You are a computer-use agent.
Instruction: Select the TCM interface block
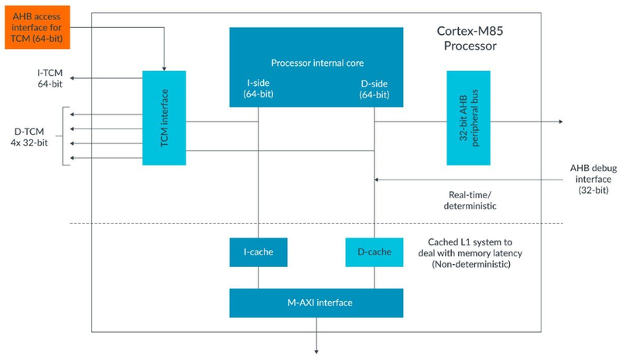164,118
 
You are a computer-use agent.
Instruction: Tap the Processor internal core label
317,63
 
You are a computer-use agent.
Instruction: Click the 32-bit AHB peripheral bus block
468,118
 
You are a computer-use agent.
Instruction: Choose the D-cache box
374,252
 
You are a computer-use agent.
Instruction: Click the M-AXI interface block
316,302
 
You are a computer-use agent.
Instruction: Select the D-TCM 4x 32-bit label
28,135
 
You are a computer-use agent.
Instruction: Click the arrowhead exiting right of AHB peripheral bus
558,122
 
